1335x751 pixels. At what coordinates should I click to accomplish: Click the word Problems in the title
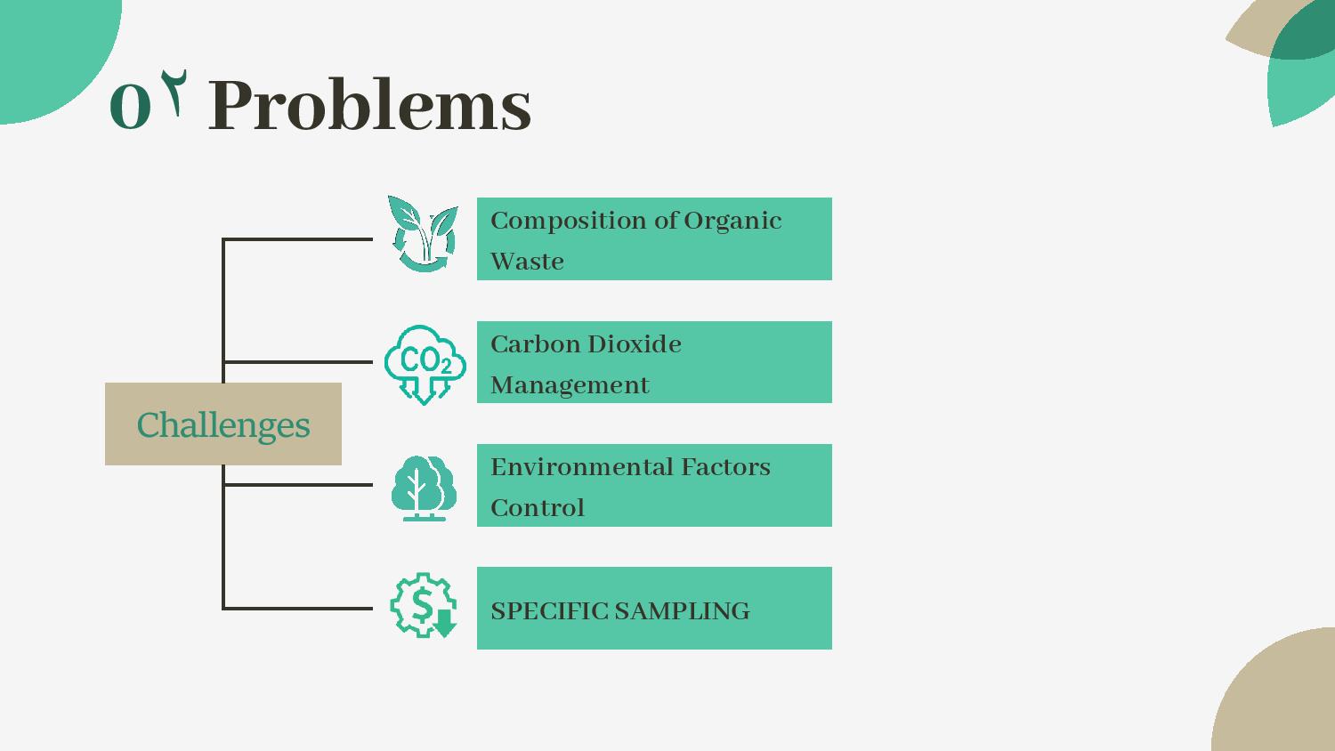point(369,104)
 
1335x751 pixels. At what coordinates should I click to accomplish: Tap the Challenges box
point(223,424)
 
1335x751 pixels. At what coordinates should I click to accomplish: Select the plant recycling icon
point(423,234)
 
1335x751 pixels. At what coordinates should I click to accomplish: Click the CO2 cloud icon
point(425,365)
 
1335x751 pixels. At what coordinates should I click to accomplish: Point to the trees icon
point(424,489)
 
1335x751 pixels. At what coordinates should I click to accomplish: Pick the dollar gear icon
point(423,605)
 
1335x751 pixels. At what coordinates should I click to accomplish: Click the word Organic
point(732,222)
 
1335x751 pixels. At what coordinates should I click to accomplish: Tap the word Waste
point(527,262)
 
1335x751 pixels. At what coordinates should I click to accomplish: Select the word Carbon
point(535,343)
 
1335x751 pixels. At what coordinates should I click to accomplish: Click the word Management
point(570,386)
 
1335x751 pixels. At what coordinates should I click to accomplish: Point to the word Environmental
point(581,467)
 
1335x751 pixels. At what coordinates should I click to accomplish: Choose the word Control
point(538,508)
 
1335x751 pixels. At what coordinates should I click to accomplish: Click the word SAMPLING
point(682,611)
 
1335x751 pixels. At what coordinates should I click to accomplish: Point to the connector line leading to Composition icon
point(298,239)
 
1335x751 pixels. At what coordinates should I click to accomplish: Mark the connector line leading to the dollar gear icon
point(298,609)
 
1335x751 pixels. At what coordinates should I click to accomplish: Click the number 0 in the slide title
point(130,106)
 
